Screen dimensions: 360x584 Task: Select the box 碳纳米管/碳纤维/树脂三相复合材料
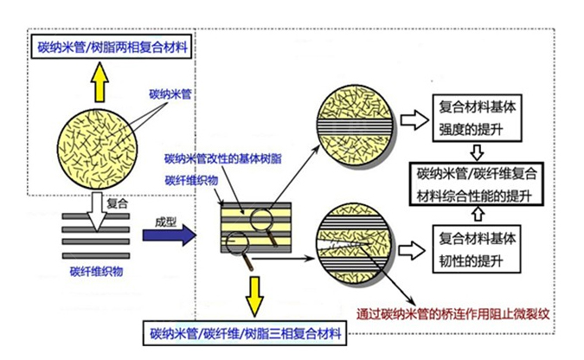click(244, 331)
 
